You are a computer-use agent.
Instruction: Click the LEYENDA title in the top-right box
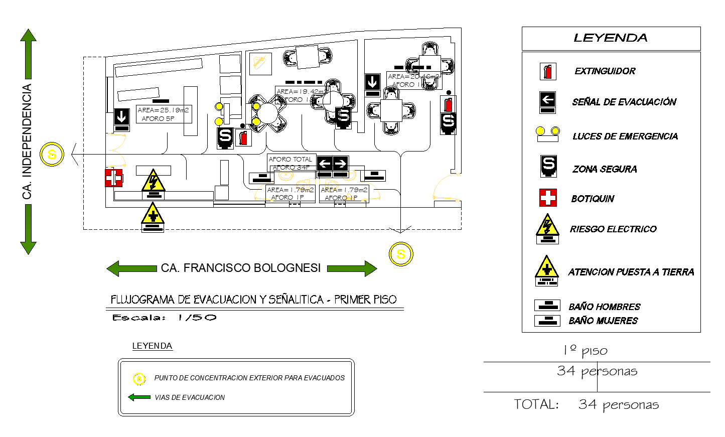(611, 38)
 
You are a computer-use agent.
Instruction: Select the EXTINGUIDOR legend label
(605, 71)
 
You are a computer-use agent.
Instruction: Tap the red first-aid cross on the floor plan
(113, 178)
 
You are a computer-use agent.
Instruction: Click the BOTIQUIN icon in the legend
(548, 198)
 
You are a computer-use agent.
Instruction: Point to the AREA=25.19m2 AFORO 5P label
(164, 114)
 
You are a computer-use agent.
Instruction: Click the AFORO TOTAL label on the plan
(291, 160)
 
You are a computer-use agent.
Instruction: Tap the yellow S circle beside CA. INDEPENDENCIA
(52, 155)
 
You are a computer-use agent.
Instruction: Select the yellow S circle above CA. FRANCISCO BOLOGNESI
(401, 254)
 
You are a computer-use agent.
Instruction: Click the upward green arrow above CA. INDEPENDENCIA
(29, 53)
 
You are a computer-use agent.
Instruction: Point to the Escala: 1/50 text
(165, 318)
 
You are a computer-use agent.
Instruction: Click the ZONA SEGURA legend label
(605, 170)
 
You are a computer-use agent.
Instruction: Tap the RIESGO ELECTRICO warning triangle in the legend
(547, 226)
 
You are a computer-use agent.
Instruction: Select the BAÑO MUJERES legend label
(603, 321)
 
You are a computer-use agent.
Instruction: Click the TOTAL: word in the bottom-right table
(536, 405)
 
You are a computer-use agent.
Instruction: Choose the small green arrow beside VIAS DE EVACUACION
(139, 397)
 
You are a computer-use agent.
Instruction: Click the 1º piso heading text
(586, 351)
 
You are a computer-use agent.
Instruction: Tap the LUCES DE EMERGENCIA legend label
(625, 136)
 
